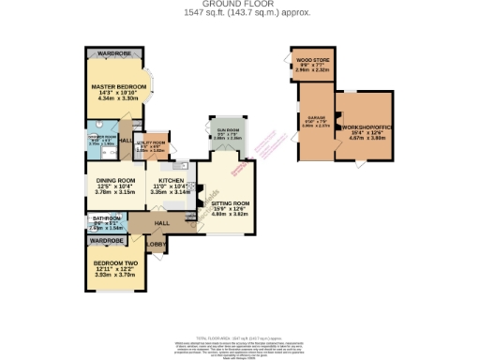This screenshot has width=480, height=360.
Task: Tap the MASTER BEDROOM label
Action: click(114, 86)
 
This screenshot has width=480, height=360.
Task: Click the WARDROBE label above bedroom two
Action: click(106, 240)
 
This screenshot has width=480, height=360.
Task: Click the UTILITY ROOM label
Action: click(153, 142)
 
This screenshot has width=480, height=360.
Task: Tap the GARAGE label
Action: click(314, 119)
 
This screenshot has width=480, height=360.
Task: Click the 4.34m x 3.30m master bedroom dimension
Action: click(114, 99)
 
